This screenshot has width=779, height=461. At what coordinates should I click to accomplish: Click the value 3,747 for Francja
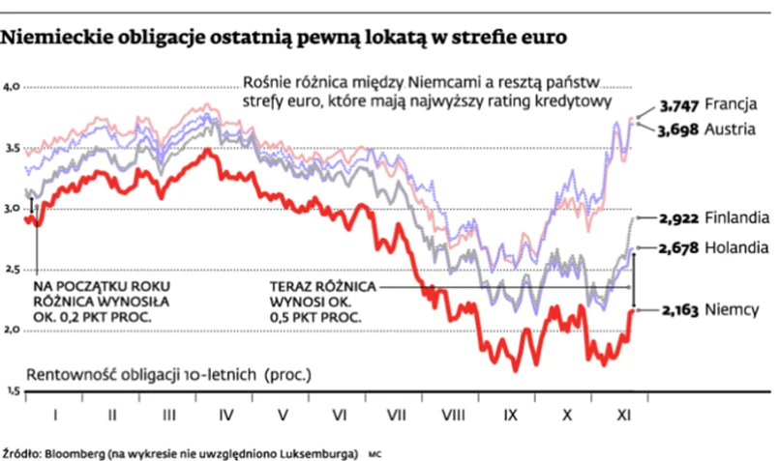click(x=677, y=105)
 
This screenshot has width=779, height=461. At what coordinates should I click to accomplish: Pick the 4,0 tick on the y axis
click(x=13, y=87)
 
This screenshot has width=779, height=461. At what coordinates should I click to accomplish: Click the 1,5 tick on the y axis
click(x=13, y=389)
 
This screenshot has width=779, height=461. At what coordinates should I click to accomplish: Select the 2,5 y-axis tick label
click(x=13, y=269)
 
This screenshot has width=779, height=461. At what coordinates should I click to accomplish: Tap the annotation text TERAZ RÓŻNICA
click(x=324, y=287)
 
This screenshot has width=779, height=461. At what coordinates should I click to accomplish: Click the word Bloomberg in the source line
click(x=73, y=452)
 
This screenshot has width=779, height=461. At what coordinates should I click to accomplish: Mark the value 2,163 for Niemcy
click(x=678, y=311)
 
